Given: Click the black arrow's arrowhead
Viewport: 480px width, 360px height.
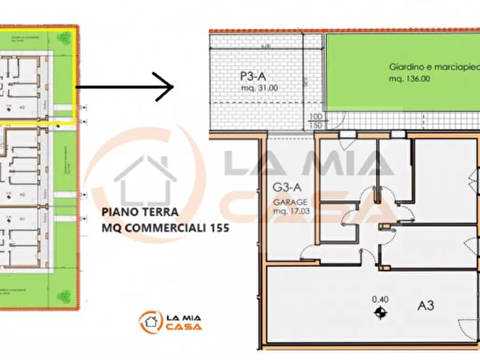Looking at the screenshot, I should coord(171,86).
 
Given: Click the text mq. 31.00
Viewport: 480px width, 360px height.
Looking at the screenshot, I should coord(259,88).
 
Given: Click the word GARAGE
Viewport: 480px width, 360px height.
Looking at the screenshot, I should coord(290,203).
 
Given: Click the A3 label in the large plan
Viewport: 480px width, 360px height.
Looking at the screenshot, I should coord(426,306).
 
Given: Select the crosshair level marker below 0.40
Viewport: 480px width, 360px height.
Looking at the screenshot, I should coord(381,312).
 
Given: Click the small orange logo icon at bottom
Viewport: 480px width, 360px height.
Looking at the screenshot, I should coord(149,322).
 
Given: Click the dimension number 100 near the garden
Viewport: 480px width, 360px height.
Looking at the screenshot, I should coord(315,117).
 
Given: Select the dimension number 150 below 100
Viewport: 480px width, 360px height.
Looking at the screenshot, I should coord(315,125).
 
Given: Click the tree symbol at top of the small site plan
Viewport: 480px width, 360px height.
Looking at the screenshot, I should coord(65,37).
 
